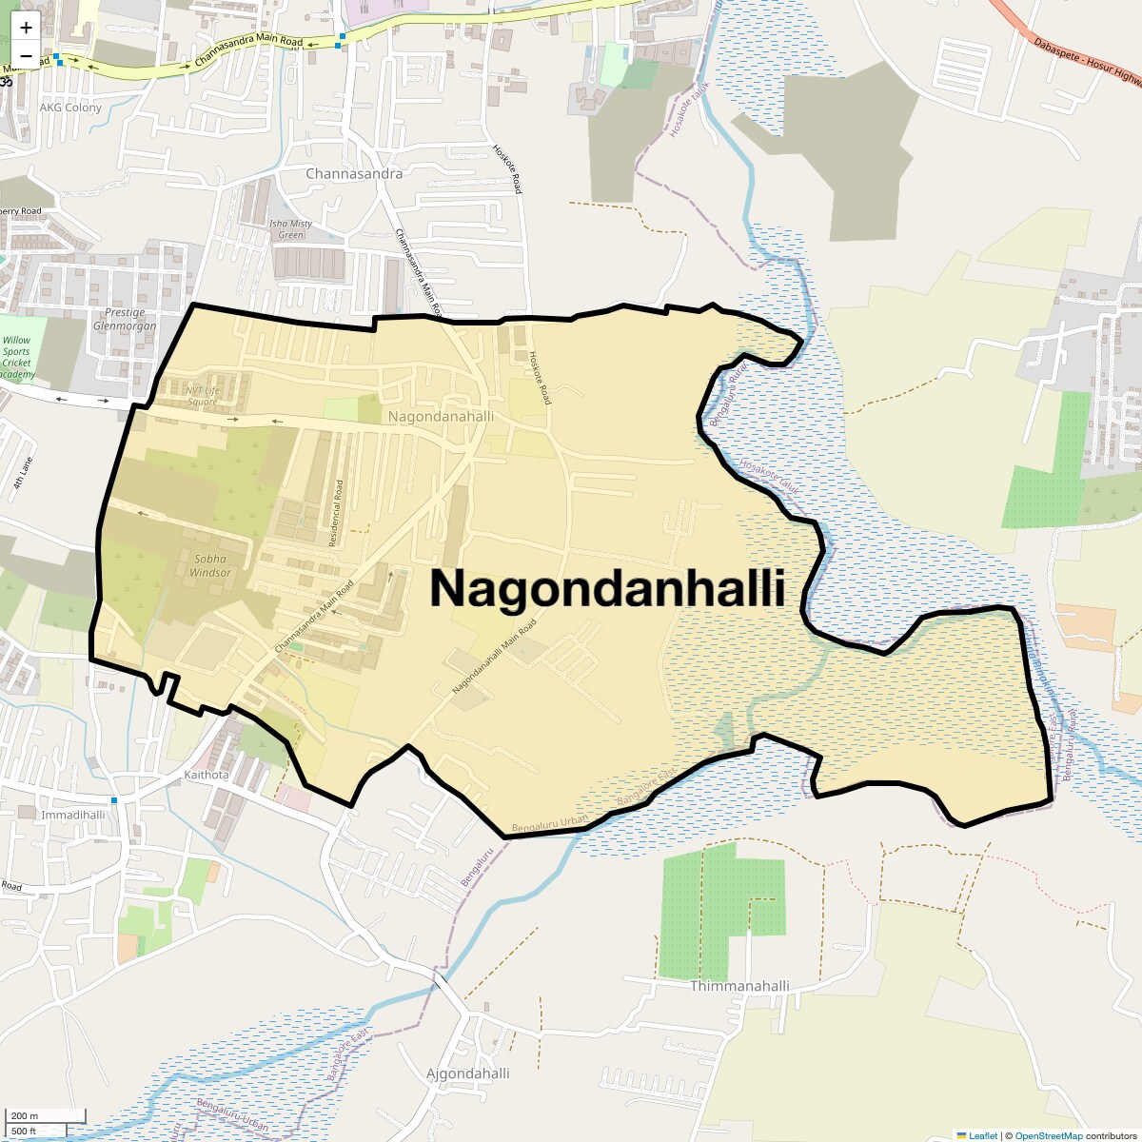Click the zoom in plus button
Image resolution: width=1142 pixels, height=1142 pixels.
coord(26,27)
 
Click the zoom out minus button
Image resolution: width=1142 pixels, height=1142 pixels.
coord(26,56)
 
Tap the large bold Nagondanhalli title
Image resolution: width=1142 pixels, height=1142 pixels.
coord(607,588)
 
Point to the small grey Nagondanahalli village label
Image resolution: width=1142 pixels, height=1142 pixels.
coord(441,417)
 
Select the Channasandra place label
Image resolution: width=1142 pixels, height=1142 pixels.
coord(354,174)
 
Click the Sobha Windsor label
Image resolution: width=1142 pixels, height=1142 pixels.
coord(210,565)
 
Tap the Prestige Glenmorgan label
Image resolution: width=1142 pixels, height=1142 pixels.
coord(125,319)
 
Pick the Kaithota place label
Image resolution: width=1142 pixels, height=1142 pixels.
coord(207,775)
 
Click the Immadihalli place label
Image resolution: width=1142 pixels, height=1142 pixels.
coord(73,816)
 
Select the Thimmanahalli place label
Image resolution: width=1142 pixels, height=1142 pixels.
coord(739,986)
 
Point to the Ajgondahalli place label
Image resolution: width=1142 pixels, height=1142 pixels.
coord(467,1073)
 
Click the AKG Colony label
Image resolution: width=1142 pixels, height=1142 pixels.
coord(70,108)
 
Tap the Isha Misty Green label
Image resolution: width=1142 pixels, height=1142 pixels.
coord(291,229)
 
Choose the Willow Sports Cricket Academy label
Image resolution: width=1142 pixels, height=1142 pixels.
coord(16,357)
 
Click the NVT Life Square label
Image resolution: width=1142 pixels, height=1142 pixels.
coord(202,396)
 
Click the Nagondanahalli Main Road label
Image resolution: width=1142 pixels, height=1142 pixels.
coord(494,656)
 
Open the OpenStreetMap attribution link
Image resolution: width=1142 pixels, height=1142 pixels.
coord(1048,1135)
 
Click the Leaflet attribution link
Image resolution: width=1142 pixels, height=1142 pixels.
coord(983,1135)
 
